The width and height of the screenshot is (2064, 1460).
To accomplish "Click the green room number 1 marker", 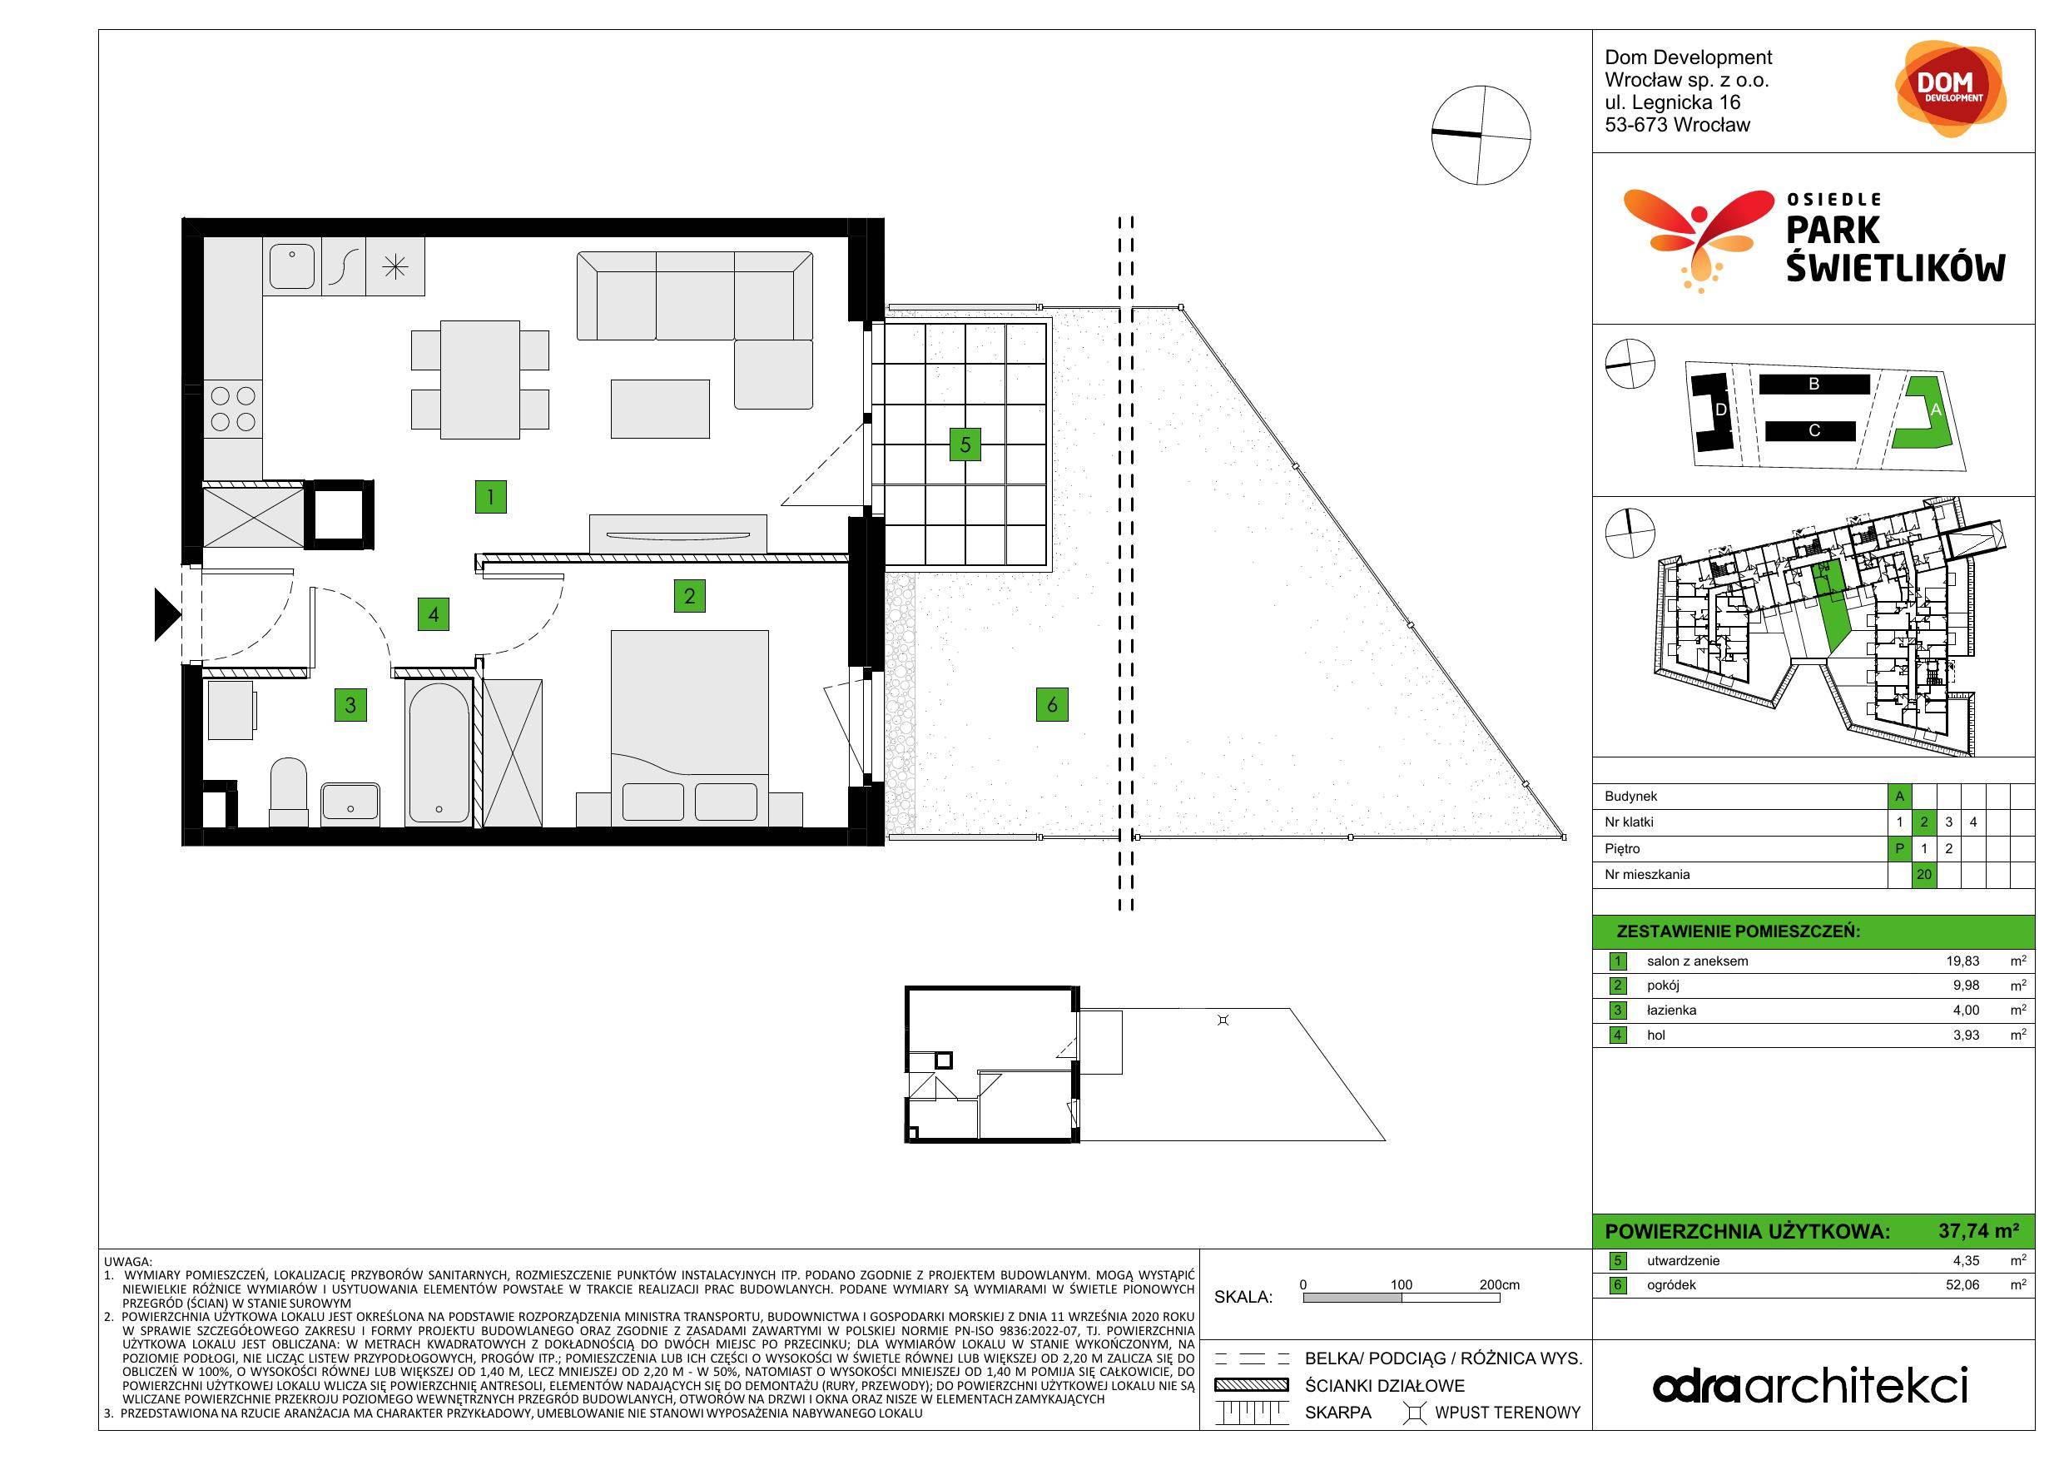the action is [491, 496].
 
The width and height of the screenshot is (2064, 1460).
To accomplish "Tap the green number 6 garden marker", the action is [1052, 705].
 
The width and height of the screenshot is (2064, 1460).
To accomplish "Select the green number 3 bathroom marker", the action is [350, 705].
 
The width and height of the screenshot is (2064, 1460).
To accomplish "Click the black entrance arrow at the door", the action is [167, 614].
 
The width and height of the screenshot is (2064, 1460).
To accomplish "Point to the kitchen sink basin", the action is [292, 266].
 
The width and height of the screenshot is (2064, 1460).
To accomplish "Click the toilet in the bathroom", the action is [289, 791].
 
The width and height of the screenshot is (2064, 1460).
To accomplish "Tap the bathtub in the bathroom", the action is [438, 752].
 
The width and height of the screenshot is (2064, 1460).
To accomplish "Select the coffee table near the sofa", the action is [660, 409].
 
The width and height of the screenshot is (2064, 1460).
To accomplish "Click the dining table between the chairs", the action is [480, 380].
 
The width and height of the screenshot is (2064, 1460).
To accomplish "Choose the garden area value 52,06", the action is [1963, 1284].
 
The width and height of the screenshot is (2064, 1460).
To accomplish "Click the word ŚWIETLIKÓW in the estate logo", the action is [1896, 267].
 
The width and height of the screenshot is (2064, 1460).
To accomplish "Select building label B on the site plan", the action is [1814, 384].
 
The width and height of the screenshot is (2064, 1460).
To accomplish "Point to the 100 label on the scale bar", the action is [1402, 1284].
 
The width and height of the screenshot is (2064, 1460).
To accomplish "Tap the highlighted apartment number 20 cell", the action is [1923, 874].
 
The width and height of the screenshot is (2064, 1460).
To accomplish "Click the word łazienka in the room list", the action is [1672, 1011].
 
